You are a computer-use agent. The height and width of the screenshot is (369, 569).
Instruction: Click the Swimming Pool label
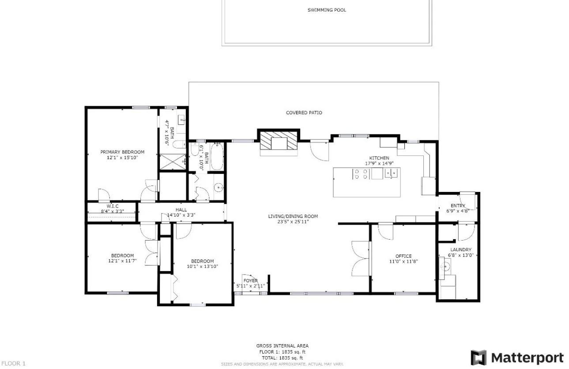(327, 10)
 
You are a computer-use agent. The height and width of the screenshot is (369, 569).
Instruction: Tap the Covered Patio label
(304, 113)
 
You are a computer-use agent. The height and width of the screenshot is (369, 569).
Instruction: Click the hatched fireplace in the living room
(279, 140)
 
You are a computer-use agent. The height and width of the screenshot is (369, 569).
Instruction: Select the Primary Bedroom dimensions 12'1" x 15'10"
(122, 158)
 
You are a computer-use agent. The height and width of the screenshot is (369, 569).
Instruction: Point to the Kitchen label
(379, 158)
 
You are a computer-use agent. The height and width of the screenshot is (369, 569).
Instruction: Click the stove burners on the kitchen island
(361, 174)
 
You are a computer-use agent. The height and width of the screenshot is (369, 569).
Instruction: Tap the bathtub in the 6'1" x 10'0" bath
(217, 156)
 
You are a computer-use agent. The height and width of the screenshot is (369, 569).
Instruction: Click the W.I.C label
(112, 206)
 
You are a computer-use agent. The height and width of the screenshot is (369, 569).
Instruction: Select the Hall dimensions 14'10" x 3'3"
(181, 215)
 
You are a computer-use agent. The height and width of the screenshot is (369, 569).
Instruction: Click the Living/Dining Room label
(293, 216)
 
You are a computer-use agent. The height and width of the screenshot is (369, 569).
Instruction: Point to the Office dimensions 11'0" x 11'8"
(403, 261)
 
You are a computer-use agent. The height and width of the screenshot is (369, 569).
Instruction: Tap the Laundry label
(461, 250)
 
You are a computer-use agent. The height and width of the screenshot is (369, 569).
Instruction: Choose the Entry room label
(458, 206)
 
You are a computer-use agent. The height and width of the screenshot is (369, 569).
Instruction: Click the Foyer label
(250, 281)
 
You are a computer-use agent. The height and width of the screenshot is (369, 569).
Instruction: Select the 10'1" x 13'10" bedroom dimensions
(203, 267)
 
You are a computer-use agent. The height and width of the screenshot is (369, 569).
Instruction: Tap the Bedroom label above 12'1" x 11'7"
(122, 256)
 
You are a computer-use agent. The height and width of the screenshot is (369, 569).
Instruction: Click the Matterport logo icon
(479, 358)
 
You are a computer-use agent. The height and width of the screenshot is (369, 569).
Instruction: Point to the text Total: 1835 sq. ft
(283, 358)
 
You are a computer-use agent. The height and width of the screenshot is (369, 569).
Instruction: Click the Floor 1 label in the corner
(13, 363)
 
